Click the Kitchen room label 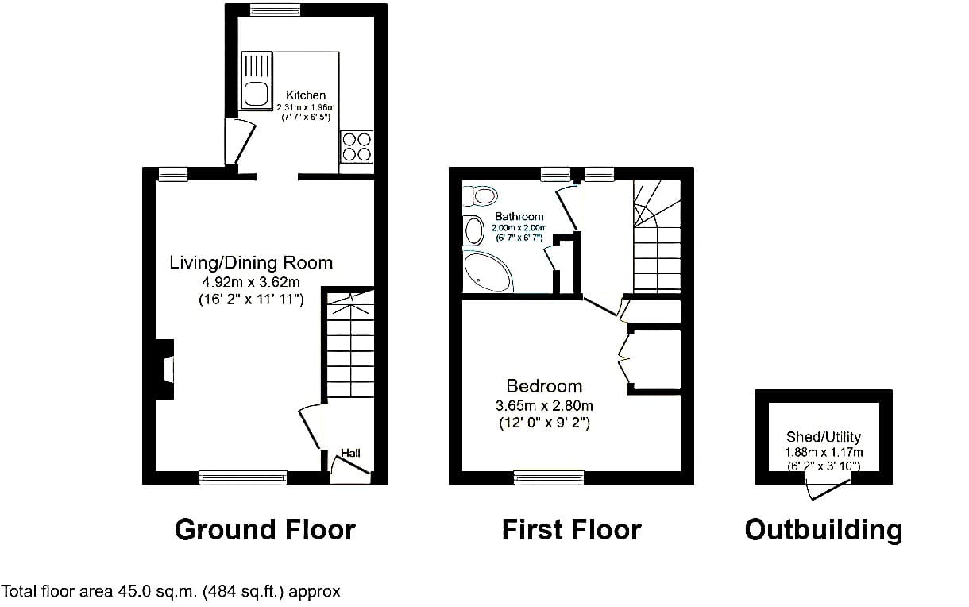306,95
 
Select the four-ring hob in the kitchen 357,147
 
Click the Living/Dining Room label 251,263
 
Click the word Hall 350,453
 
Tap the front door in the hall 350,466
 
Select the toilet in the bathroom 481,196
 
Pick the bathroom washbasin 473,230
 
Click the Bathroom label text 519,216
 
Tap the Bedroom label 544,386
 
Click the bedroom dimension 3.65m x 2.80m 544,406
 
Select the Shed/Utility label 824,437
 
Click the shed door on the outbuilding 828,489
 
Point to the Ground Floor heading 265,530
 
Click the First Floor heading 571,530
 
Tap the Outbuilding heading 824,530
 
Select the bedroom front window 549,477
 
